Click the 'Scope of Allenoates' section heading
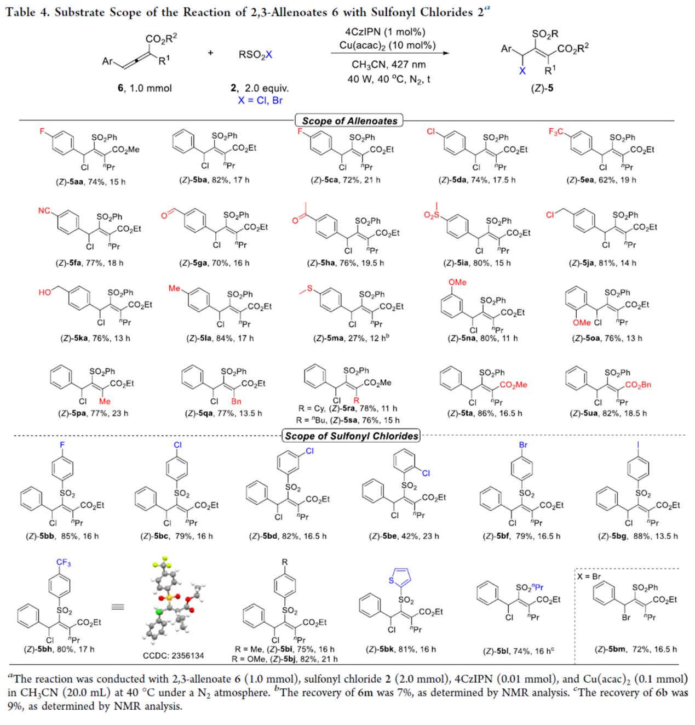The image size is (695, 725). click(x=349, y=121)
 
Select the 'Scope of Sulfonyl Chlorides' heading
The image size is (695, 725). click(x=351, y=436)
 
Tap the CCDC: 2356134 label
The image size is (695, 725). click(x=173, y=655)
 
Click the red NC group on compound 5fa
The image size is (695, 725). click(x=44, y=211)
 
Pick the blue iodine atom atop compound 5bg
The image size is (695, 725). click(x=638, y=444)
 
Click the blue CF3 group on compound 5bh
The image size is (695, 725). click(x=64, y=563)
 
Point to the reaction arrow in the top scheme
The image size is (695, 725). click(x=389, y=53)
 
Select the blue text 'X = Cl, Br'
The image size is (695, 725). click(x=260, y=100)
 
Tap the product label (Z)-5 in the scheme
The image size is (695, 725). click(x=542, y=88)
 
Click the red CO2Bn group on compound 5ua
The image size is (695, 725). click(x=638, y=385)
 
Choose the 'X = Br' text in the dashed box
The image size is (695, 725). click(x=589, y=576)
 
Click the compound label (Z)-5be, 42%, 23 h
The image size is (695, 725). click(x=404, y=536)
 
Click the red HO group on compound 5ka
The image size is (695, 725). click(x=45, y=293)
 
